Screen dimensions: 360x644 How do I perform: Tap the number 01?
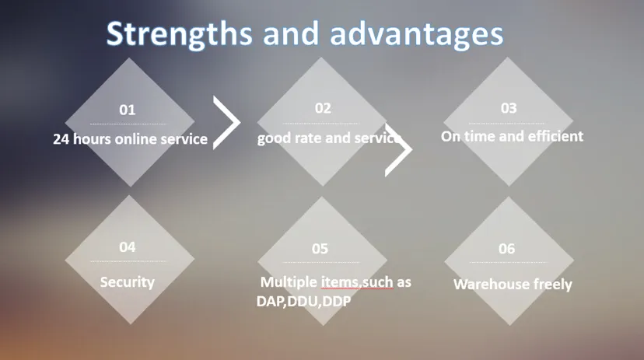click(x=127, y=110)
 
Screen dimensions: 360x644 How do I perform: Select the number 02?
click(x=323, y=108)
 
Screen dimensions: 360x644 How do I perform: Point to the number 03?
click(x=508, y=108)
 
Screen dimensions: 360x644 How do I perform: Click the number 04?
click(x=127, y=247)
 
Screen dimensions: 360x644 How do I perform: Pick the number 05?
click(x=320, y=249)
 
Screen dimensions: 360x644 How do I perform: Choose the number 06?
click(x=506, y=249)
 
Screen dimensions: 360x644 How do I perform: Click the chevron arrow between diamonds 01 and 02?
click(x=226, y=123)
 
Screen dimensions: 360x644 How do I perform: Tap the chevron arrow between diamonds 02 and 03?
click(x=398, y=150)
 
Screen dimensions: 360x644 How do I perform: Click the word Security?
click(x=128, y=282)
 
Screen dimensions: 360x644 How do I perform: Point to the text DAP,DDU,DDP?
click(x=304, y=300)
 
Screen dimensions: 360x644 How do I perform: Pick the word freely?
click(x=552, y=285)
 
